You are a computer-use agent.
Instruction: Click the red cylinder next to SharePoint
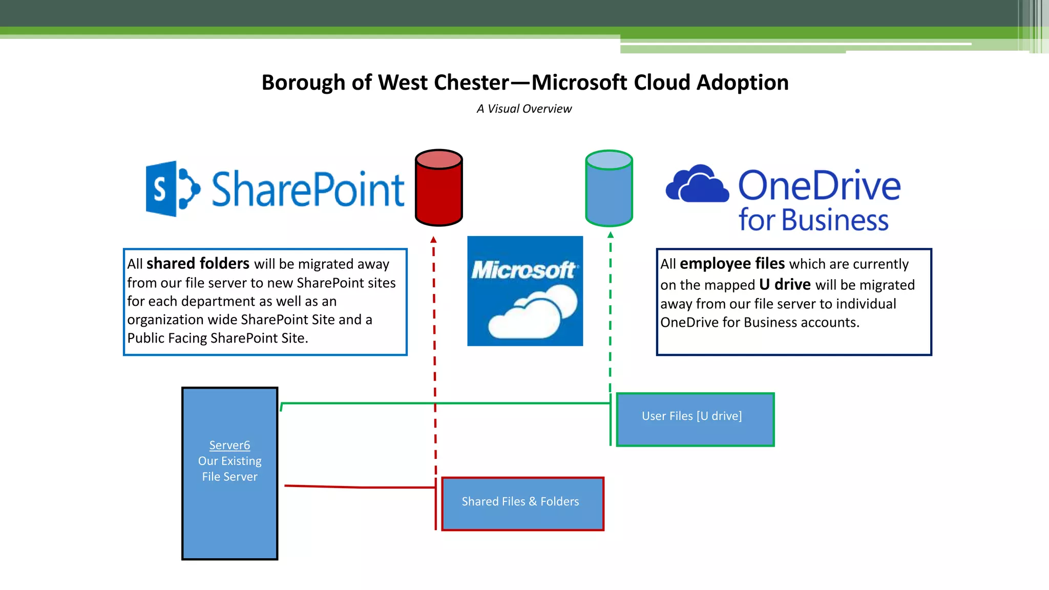coord(439,188)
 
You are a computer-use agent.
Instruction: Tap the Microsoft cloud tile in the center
coord(525,291)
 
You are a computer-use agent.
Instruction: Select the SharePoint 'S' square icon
coord(161,189)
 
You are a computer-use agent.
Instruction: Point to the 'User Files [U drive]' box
coord(695,419)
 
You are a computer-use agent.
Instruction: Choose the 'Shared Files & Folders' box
coord(522,503)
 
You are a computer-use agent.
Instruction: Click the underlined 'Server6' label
coord(229,445)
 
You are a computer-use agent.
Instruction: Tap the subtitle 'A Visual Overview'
coord(524,109)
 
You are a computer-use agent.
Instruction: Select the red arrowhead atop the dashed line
coord(433,239)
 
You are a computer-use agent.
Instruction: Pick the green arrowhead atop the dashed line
coord(611,235)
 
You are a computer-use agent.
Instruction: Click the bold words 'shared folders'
coord(198,263)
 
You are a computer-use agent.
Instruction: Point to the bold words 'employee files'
coord(732,263)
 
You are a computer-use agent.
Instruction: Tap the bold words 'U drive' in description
coord(785,284)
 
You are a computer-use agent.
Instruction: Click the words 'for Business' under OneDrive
coord(813,220)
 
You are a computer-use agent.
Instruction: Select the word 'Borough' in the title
coord(303,82)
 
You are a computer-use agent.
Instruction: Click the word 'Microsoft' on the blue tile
coord(523,270)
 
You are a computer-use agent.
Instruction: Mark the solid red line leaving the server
coord(359,487)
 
